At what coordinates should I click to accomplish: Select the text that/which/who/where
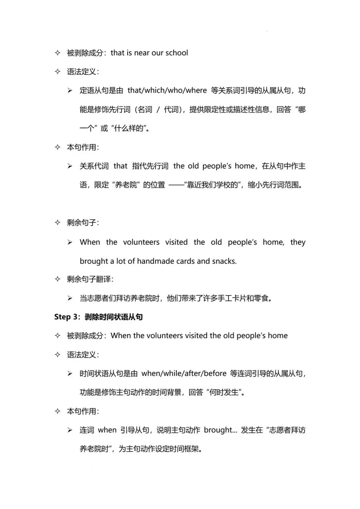(x=167, y=90)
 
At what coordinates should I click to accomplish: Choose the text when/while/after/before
(x=184, y=373)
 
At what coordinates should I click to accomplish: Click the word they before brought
(x=298, y=242)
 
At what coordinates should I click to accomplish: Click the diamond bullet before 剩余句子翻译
(x=58, y=279)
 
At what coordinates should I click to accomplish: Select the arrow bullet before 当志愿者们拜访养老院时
(x=70, y=298)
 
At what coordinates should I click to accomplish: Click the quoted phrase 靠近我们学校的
(x=213, y=185)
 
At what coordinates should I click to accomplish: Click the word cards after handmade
(x=185, y=261)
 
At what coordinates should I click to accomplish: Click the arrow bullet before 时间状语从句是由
(x=70, y=374)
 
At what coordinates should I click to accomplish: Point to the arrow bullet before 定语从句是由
(x=70, y=91)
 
